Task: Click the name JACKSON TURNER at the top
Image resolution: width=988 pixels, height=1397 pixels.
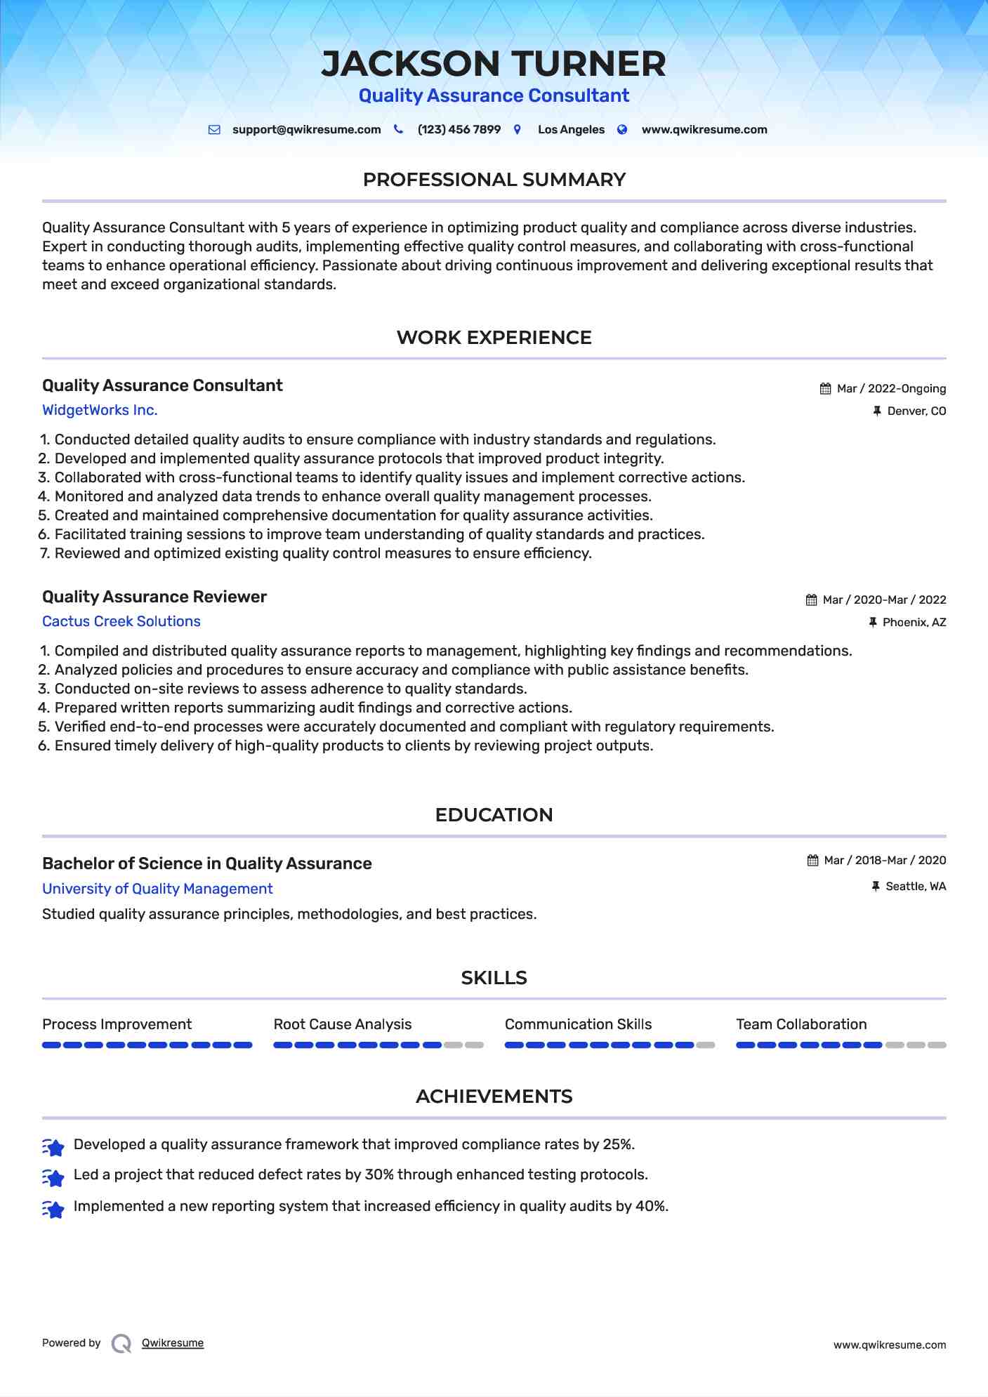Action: point(494,64)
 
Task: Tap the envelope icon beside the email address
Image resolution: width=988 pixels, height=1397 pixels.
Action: point(215,130)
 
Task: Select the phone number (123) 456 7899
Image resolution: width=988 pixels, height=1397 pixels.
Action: point(459,130)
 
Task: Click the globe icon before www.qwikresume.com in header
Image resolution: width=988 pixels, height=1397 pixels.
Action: point(622,130)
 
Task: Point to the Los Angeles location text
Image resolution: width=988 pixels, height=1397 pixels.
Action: point(571,130)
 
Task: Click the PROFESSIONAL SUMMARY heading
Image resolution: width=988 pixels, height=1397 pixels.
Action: point(494,180)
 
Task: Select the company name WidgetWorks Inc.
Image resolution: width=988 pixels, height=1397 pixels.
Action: point(100,410)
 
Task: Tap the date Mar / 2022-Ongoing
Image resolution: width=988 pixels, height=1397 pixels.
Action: point(891,389)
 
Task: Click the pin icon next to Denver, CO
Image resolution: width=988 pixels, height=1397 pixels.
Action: point(876,411)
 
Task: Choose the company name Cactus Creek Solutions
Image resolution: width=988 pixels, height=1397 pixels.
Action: point(121,621)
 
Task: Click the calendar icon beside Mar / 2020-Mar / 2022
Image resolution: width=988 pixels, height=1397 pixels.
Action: point(811,600)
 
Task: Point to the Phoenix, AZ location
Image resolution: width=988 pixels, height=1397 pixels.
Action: point(914,623)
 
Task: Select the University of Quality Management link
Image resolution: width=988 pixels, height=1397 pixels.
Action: point(157,889)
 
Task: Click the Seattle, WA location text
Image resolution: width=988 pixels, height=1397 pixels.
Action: point(916,887)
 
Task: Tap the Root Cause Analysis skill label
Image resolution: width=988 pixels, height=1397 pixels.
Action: point(343,1024)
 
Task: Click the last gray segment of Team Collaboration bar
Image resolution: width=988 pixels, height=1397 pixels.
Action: point(937,1045)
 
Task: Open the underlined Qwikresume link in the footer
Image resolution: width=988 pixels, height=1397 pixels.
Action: point(173,1343)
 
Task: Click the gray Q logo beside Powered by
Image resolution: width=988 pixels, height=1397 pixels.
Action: point(121,1344)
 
